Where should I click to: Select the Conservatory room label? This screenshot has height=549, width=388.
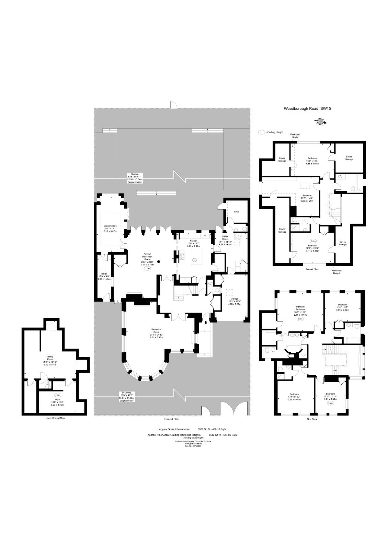[x=110, y=226]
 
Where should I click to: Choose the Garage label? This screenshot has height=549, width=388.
[x=235, y=299]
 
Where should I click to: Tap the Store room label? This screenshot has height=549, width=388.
[x=237, y=212]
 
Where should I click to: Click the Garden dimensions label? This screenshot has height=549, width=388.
[x=135, y=178]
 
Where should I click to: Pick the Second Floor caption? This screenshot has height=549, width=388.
[x=312, y=269]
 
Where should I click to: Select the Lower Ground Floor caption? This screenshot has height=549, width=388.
[x=55, y=418]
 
